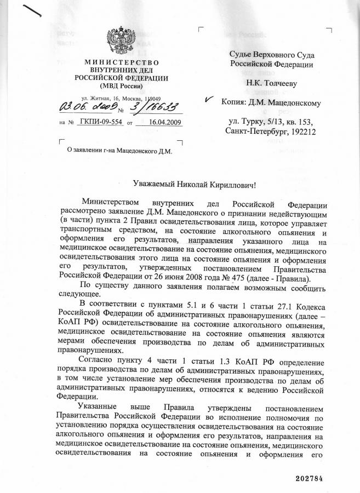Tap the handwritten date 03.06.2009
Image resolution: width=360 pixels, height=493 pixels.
(x=82, y=105)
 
